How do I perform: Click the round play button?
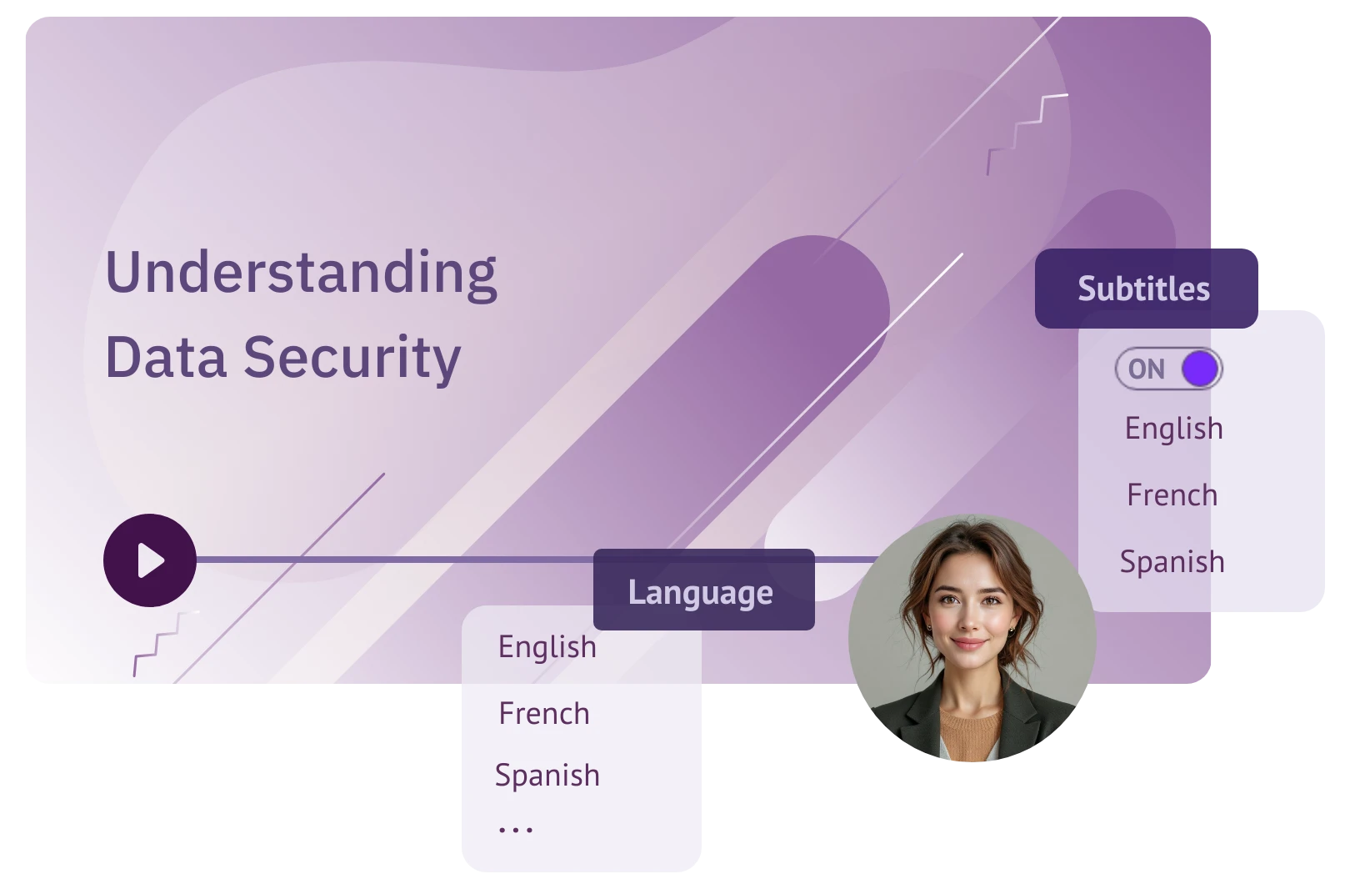tap(150, 560)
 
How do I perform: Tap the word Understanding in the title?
tap(301, 274)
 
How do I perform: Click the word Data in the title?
tap(165, 357)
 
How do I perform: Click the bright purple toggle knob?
tap(1200, 369)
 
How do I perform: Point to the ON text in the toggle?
tap(1146, 369)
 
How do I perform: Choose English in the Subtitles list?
tap(1173, 429)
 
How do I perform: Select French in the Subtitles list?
tap(1172, 495)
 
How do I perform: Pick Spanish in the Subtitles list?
tap(1172, 561)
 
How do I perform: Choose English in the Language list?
tap(547, 647)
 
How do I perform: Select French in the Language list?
tap(543, 714)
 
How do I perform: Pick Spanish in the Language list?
tap(547, 776)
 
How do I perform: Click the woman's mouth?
tap(967, 644)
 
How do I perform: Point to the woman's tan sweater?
tap(970, 734)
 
